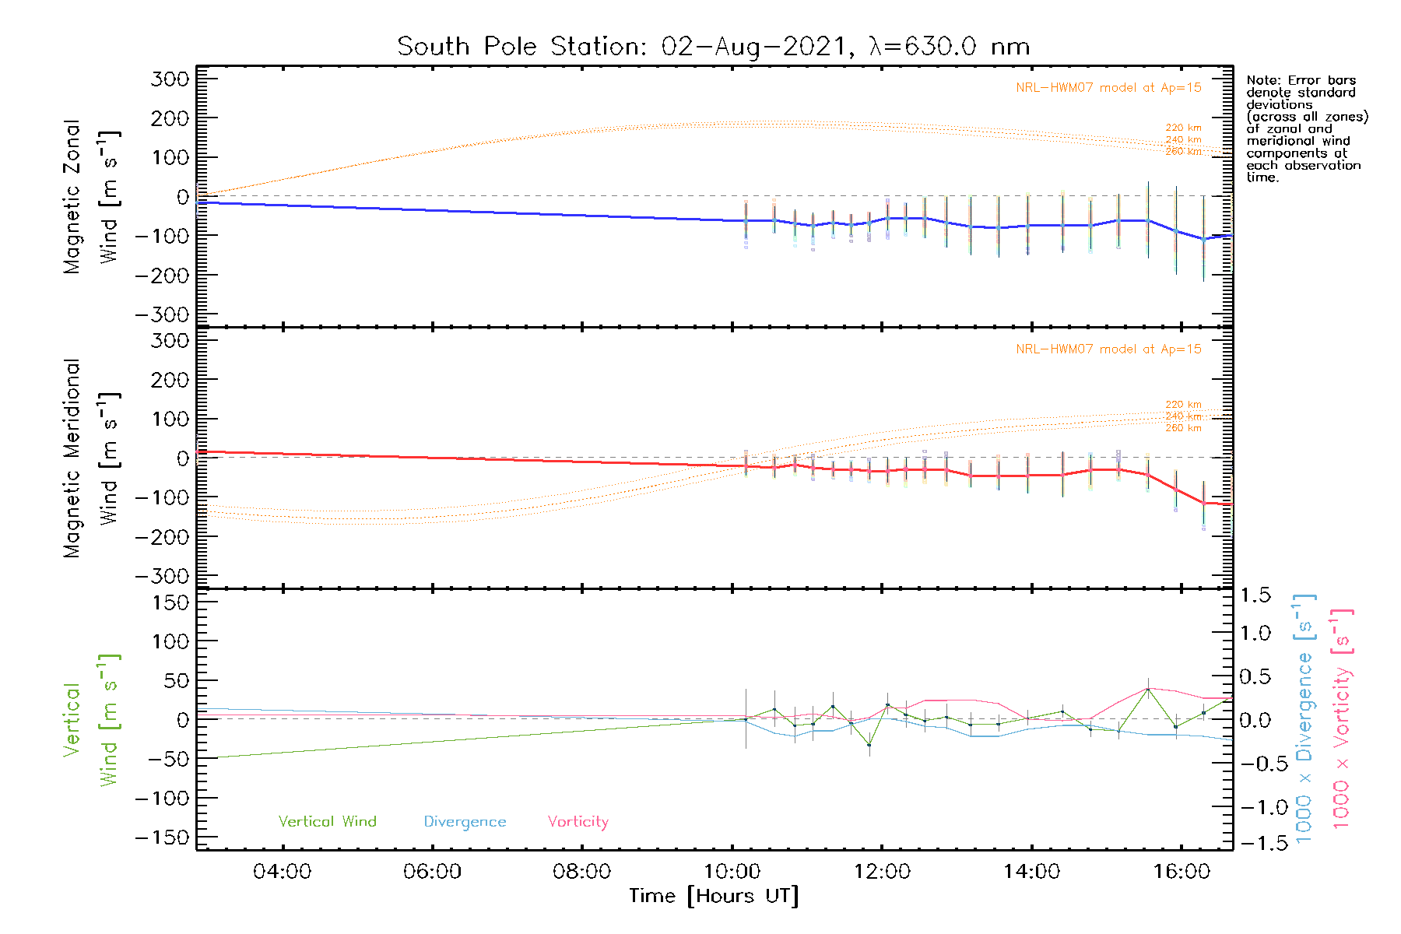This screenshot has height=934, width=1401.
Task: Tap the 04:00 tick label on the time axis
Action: pyautogui.click(x=282, y=872)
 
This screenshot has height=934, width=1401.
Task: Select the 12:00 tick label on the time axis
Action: pyautogui.click(x=882, y=872)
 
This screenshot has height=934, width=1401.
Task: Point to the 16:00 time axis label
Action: pyautogui.click(x=1182, y=872)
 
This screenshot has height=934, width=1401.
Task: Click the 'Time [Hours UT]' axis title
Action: pyautogui.click(x=714, y=897)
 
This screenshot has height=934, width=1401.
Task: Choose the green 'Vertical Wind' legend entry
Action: pyautogui.click(x=327, y=822)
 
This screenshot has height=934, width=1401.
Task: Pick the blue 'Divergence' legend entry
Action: pyautogui.click(x=465, y=822)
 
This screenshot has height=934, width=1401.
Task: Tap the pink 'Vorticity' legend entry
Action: pyautogui.click(x=578, y=822)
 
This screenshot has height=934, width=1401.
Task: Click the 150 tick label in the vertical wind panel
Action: pyautogui.click(x=170, y=602)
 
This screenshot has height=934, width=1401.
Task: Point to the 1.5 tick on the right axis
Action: pyautogui.click(x=1255, y=595)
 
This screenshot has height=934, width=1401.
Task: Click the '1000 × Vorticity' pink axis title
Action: pyautogui.click(x=1342, y=719)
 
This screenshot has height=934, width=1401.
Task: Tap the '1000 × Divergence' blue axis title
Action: pyautogui.click(x=1304, y=719)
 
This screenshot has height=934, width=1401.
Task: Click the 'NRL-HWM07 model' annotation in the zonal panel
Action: pyautogui.click(x=1108, y=88)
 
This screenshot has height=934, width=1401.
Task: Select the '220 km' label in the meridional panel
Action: pyautogui.click(x=1183, y=405)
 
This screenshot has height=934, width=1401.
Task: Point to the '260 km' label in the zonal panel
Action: pyautogui.click(x=1183, y=152)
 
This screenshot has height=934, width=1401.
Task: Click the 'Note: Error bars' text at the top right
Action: pyautogui.click(x=1301, y=80)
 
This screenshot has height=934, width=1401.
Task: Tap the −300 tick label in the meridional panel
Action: pyautogui.click(x=162, y=577)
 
